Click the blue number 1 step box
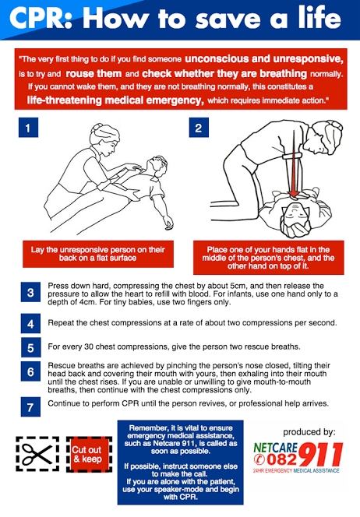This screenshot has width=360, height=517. (28, 127)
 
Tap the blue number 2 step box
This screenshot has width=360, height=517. (199, 127)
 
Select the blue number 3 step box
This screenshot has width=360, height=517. (30, 292)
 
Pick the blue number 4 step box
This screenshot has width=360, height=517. (30, 323)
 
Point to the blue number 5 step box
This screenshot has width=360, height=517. (30, 347)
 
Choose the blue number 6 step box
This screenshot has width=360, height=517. (30, 371)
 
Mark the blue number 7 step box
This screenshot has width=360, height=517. (30, 407)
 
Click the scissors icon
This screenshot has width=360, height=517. (37, 454)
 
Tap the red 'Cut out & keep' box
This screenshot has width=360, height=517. (89, 455)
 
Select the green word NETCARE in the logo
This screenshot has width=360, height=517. (276, 448)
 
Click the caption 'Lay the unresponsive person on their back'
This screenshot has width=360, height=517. (97, 254)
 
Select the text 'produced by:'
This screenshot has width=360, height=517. (309, 432)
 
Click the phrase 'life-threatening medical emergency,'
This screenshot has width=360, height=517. (115, 100)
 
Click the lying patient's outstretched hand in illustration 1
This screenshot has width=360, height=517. (168, 224)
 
